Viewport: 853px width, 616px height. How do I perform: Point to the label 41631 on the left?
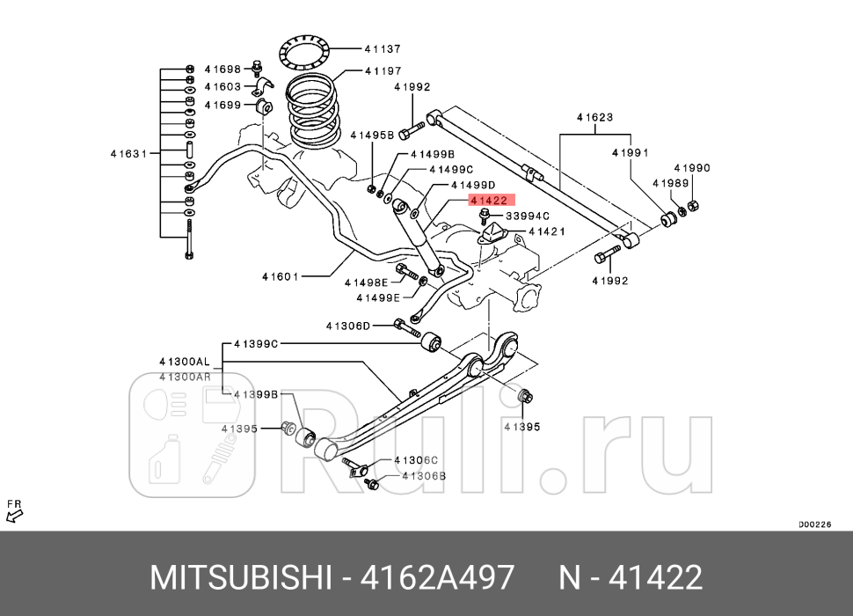point(128,153)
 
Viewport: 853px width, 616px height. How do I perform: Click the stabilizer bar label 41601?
point(280,276)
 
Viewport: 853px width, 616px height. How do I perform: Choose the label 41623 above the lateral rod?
point(594,117)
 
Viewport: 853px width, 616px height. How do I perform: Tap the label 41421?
point(546,231)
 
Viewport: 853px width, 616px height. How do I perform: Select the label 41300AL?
point(185,362)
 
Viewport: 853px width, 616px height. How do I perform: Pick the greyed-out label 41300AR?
point(185,377)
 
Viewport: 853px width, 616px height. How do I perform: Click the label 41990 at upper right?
point(692,167)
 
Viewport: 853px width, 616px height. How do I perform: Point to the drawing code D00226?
point(814,524)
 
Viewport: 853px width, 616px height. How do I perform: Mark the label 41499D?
point(472,185)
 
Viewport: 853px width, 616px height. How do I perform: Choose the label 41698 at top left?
point(222,69)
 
